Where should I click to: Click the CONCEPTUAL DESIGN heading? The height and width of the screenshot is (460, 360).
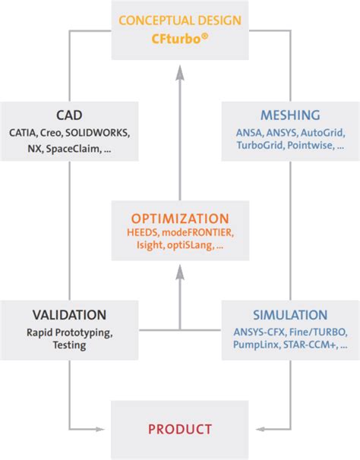[x=180, y=20]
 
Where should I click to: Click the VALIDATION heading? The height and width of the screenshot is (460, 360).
[x=69, y=314]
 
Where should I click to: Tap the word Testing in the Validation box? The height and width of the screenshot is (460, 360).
[x=69, y=345]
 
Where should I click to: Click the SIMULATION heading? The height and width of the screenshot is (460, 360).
[x=289, y=314]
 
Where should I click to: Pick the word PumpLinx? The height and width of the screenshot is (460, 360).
[x=256, y=345]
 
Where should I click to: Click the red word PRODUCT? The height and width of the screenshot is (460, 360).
[x=180, y=430]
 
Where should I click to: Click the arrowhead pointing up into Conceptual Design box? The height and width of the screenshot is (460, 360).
[x=180, y=73]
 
